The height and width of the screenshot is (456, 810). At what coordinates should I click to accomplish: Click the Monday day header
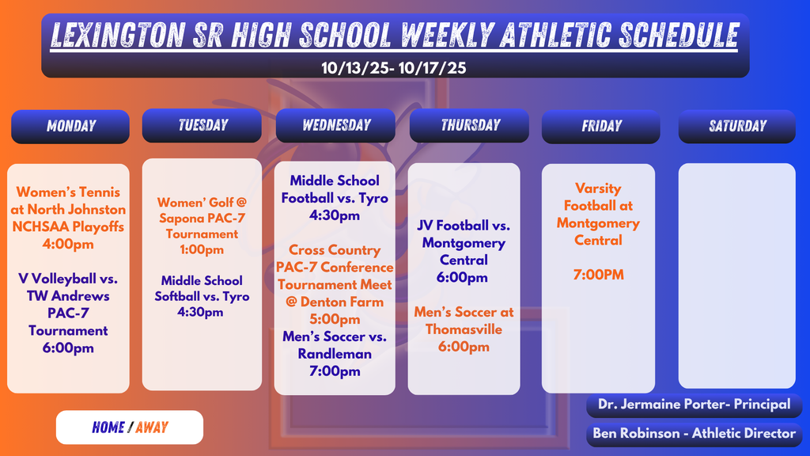coord(70,126)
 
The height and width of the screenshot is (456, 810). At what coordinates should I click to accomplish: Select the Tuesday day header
coord(202,126)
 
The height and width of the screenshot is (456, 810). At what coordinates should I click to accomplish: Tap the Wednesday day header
coord(335,126)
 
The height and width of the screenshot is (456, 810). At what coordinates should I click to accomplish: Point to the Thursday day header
coord(469,126)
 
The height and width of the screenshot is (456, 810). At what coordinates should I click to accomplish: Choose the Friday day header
coord(601,126)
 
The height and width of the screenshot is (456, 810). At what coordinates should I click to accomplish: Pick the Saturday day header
coord(737,126)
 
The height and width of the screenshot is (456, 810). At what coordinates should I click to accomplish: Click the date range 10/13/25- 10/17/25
coord(394,68)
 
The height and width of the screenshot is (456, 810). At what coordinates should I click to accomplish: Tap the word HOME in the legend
coord(108,427)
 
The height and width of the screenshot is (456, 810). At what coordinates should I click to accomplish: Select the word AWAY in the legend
coord(152,427)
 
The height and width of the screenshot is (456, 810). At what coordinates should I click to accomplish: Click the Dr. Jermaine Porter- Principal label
coord(695,405)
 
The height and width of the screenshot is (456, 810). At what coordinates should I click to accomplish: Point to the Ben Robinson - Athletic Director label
coord(695,433)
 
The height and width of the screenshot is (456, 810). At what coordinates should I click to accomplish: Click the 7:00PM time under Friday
coord(598,275)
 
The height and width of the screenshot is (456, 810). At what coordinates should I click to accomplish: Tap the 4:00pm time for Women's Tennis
coord(68,244)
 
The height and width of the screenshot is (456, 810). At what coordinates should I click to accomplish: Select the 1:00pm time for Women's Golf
coord(202,249)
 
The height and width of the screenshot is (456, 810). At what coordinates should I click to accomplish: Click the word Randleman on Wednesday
coord(335,354)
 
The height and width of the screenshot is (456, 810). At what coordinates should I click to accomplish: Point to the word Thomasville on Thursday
coord(464,329)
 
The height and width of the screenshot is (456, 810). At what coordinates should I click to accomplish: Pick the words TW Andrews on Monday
coord(68,296)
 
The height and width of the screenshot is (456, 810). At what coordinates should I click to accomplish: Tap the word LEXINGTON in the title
coord(118,35)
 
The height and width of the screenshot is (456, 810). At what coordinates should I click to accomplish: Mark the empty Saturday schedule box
coord(737,275)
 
